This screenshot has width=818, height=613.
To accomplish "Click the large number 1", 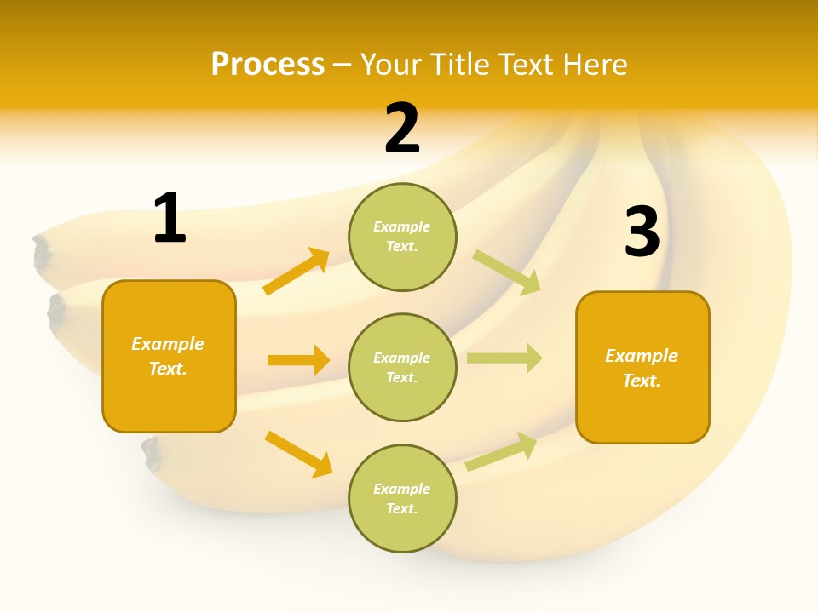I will [x=170, y=218].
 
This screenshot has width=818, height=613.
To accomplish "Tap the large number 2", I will [x=402, y=129].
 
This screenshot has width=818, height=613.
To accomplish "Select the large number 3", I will [x=642, y=232].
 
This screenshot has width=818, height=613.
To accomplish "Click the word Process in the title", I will [x=268, y=64].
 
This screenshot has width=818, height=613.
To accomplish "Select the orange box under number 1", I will [x=169, y=356].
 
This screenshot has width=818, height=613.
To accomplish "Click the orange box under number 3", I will [x=642, y=367].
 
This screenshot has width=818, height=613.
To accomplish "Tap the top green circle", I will [x=402, y=237].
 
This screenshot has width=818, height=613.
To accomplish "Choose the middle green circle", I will [x=402, y=367].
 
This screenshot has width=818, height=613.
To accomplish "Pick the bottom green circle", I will [x=402, y=498].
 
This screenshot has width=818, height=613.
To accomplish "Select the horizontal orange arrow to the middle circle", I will [x=298, y=360].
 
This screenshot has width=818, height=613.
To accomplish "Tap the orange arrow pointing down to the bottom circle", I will [x=298, y=454].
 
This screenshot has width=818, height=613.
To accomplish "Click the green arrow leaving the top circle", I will [x=507, y=272].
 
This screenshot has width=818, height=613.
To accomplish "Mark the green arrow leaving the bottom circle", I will [x=501, y=451].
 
